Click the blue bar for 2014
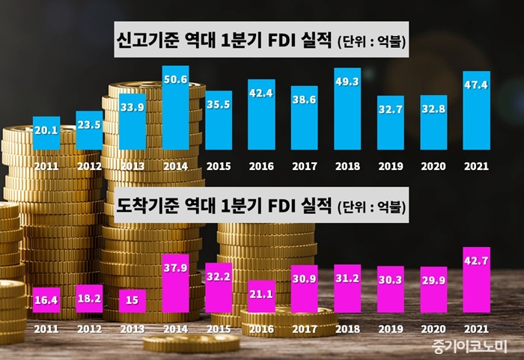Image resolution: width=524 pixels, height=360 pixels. pyautogui.click(x=175, y=109)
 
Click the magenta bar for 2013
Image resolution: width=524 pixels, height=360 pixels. pyautogui.click(x=132, y=301)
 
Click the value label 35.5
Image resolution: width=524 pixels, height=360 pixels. pyautogui.click(x=218, y=104)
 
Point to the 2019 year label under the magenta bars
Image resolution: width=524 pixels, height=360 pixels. pyautogui.click(x=391, y=327)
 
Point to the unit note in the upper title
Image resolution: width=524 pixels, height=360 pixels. pyautogui.click(x=372, y=43)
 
